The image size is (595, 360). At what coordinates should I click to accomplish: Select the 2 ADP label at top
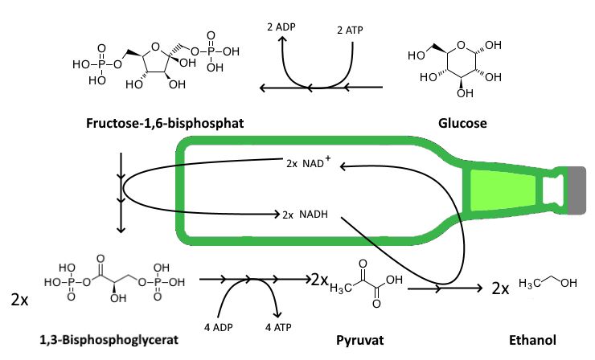281,27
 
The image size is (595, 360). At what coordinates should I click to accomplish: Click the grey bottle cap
577,190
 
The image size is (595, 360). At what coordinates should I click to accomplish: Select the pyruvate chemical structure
363,285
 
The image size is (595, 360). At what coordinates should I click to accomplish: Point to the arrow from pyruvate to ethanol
443,287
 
